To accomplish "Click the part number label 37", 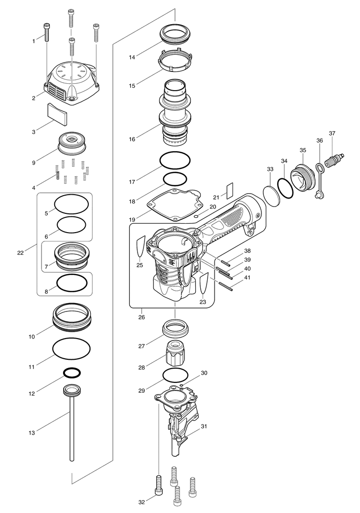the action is tap(332, 134).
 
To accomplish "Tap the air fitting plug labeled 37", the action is tap(334, 159).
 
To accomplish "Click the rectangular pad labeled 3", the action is tap(58, 114).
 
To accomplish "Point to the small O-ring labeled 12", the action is tap(72, 373).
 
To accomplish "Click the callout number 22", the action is tap(21, 253).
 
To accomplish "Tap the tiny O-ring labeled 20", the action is tap(196, 216).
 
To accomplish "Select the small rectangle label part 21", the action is tap(229, 191).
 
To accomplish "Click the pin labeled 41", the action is tap(225, 286).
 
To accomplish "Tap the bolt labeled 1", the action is tap(47, 32).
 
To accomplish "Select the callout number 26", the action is tap(142, 317).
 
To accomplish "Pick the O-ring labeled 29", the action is tap(175, 375).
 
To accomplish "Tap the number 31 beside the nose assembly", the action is tap(204, 426).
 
